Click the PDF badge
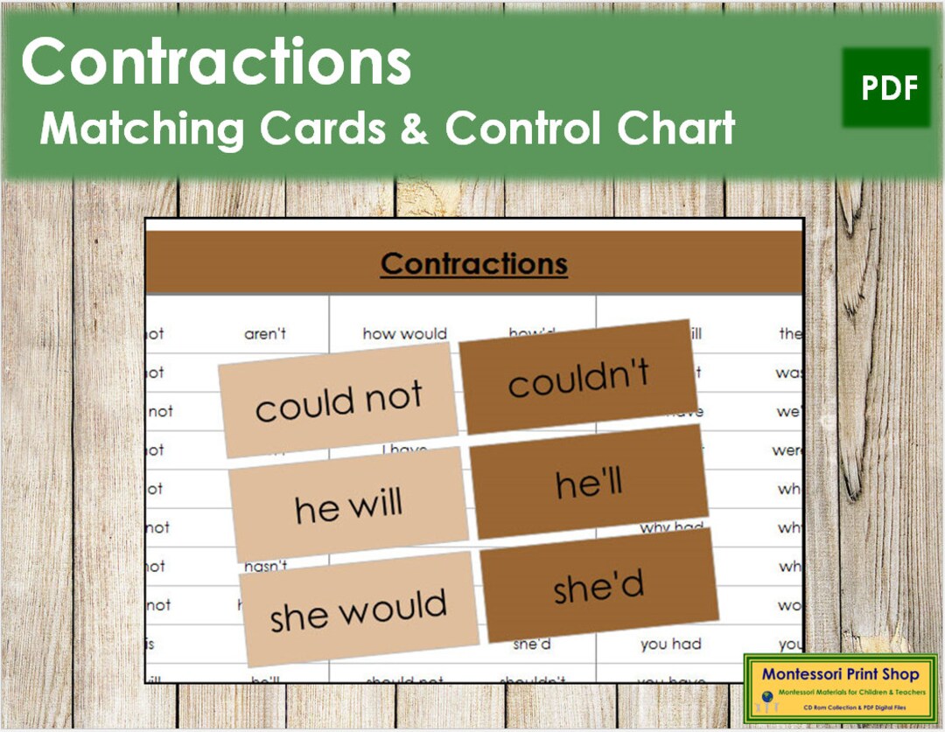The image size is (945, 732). click(885, 87)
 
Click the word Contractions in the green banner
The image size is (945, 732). click(215, 63)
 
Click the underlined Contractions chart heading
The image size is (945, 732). click(473, 264)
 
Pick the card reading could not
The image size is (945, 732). click(338, 400)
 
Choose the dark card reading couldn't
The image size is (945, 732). click(579, 377)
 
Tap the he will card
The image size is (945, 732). click(348, 505)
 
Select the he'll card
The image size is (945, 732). click(590, 483)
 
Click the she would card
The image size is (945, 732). click(359, 608)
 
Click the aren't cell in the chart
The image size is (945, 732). click(265, 333)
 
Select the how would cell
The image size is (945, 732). click(404, 333)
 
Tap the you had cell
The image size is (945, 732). click(670, 645)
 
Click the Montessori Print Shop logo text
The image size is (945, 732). click(840, 674)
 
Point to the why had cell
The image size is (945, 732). click(667, 528)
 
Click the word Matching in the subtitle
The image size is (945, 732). click(142, 129)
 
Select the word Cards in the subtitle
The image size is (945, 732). click(322, 129)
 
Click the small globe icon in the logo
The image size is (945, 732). click(766, 697)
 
